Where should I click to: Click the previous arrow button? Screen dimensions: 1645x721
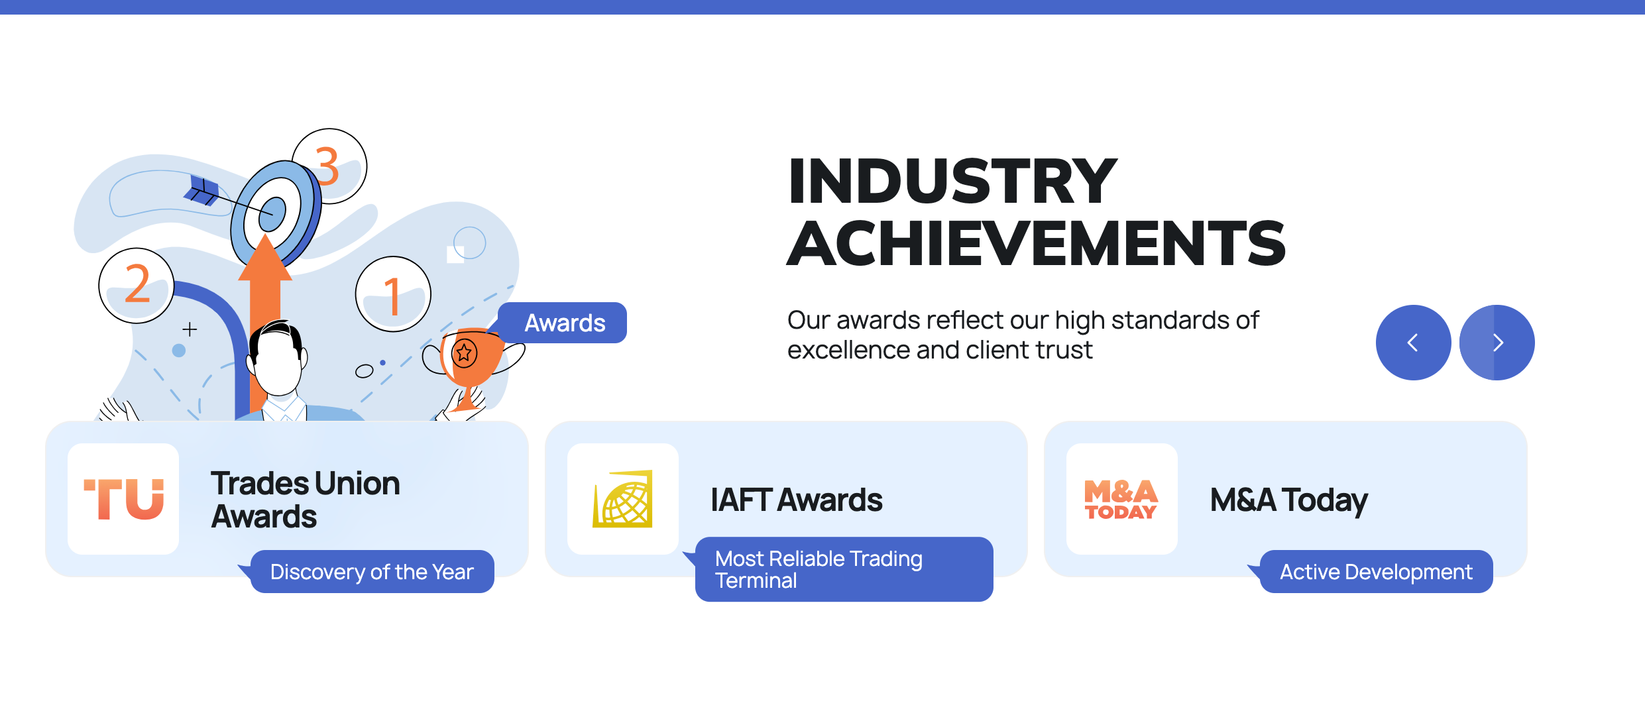(1413, 343)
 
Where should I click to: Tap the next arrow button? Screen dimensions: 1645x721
(1497, 343)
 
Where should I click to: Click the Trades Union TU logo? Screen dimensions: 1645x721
(123, 499)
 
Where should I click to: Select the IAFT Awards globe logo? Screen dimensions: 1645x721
(623, 499)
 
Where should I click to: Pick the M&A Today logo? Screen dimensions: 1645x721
(1122, 499)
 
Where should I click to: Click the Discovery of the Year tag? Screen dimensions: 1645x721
(372, 571)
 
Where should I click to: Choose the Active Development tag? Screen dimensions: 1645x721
(1376, 571)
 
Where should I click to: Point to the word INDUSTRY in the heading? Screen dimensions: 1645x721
(953, 181)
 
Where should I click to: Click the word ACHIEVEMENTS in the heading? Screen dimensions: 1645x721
(1037, 243)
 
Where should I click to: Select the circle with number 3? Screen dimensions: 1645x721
(330, 166)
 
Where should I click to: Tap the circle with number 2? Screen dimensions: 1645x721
(137, 286)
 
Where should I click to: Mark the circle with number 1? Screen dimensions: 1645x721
(393, 294)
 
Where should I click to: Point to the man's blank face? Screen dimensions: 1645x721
(278, 364)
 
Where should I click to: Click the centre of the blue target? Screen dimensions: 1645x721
(272, 213)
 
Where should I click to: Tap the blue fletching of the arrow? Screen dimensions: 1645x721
(202, 190)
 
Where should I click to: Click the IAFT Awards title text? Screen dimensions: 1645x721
(797, 500)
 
